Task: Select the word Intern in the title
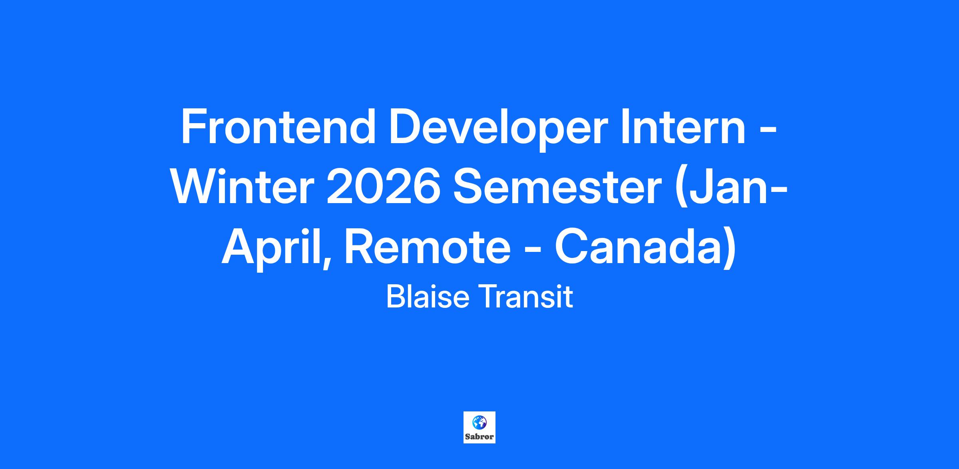point(683,127)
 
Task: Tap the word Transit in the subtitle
point(526,297)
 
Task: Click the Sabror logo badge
point(479,427)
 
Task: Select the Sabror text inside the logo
point(479,437)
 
